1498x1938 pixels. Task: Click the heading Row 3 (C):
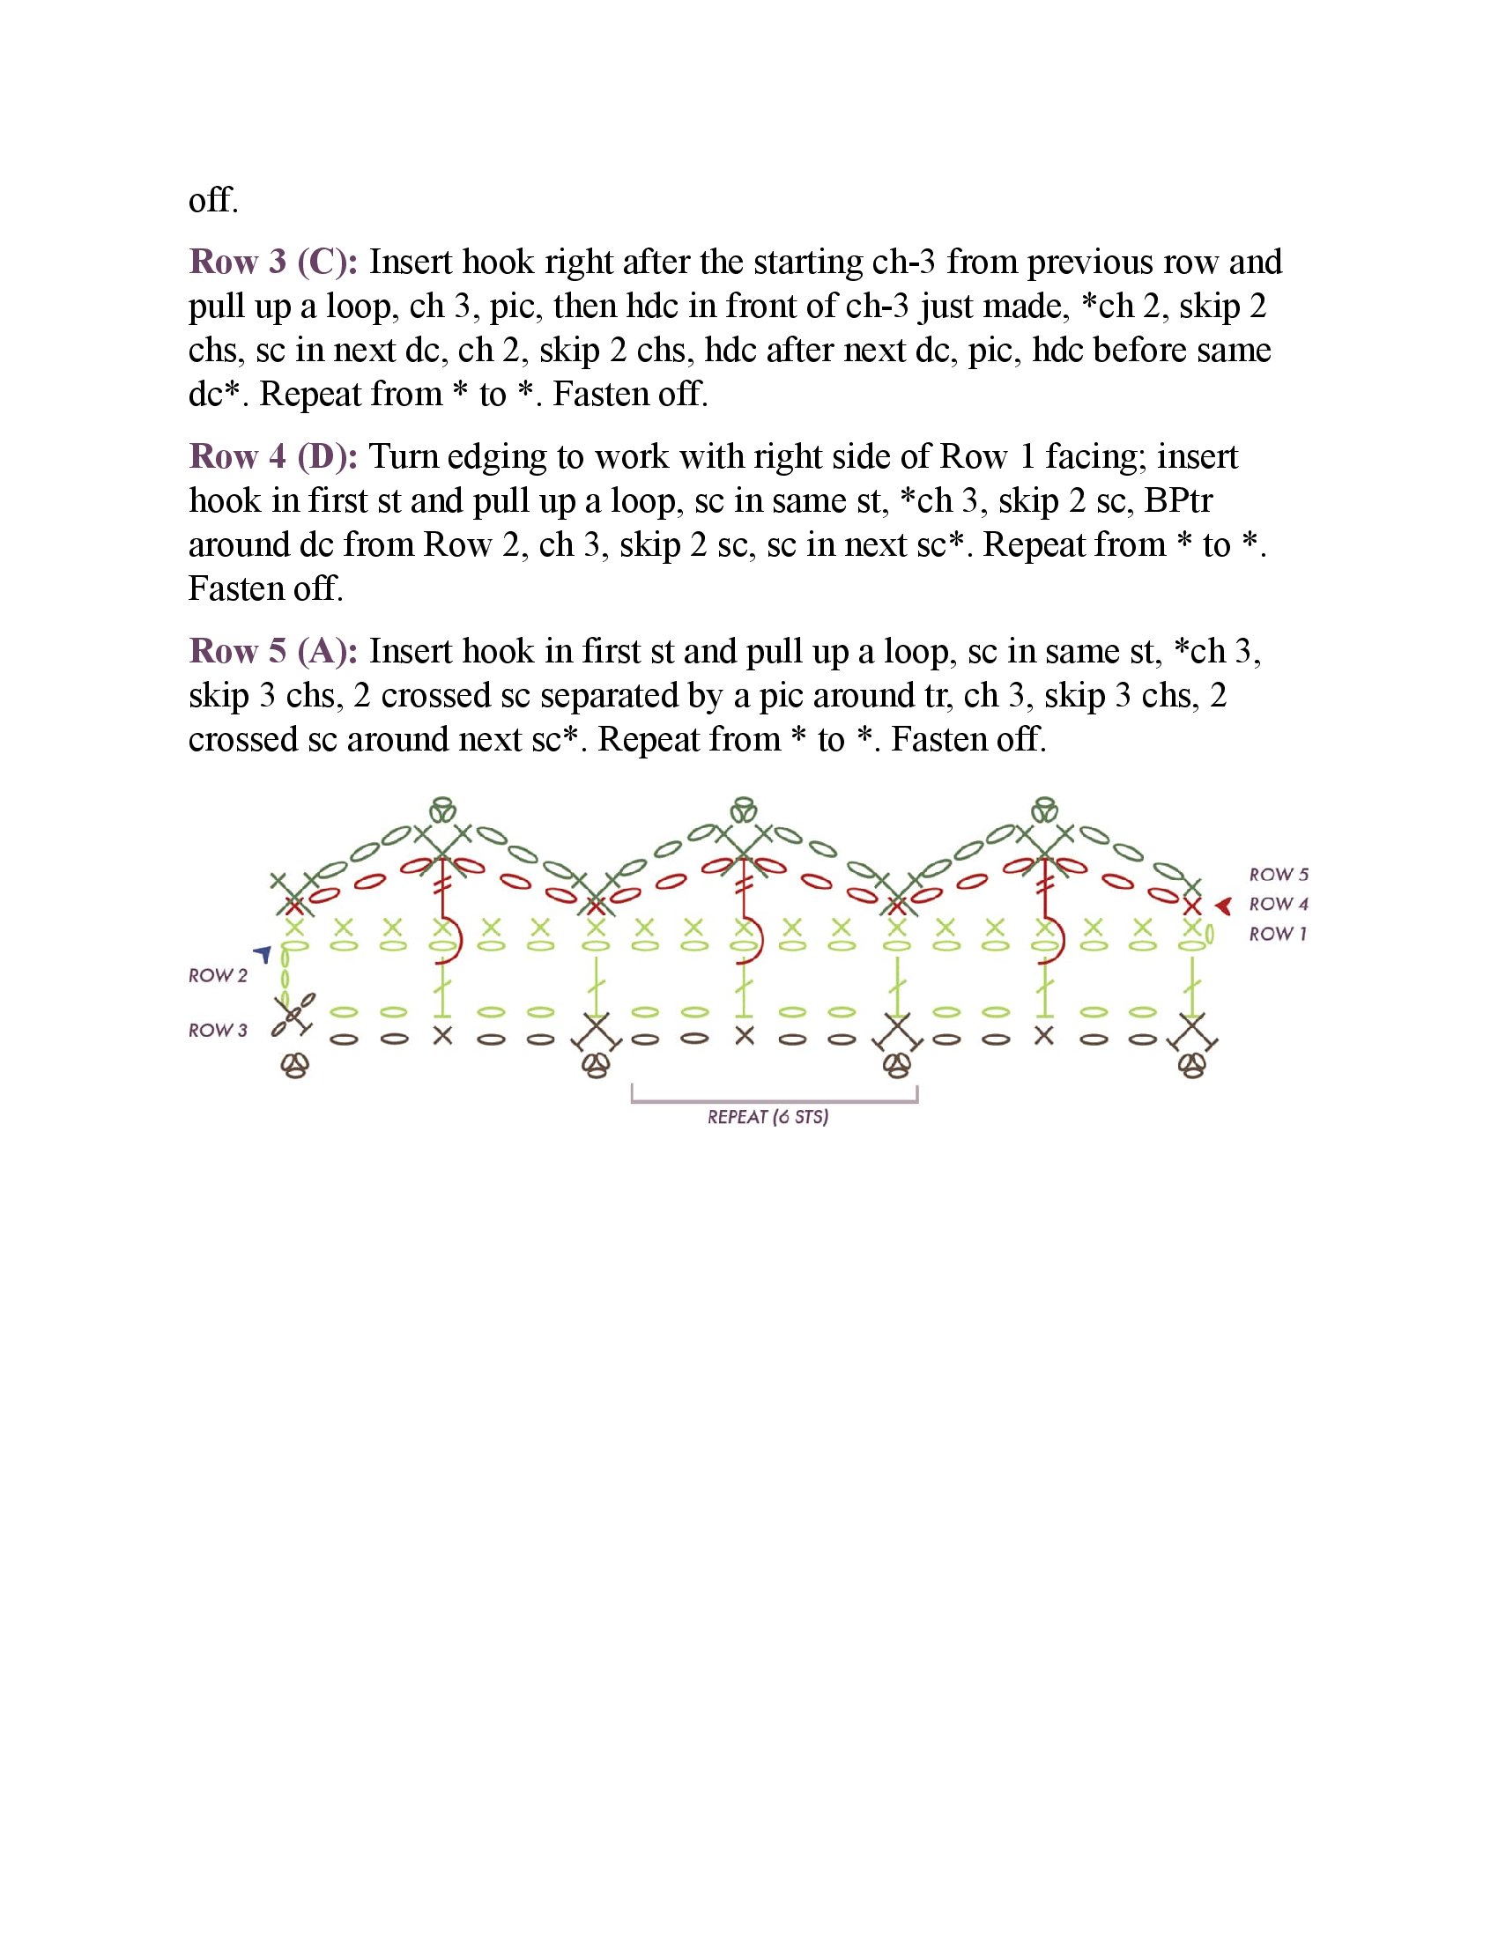pyautogui.click(x=272, y=263)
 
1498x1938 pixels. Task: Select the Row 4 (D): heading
pyautogui.click(x=272, y=457)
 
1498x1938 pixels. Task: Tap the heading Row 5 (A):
pyautogui.click(x=272, y=651)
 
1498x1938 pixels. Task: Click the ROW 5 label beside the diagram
pyautogui.click(x=1278, y=875)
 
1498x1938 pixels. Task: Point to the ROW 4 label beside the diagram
pyautogui.click(x=1278, y=904)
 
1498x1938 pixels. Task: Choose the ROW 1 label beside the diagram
pyautogui.click(x=1277, y=934)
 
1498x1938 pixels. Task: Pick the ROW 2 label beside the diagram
pyautogui.click(x=218, y=975)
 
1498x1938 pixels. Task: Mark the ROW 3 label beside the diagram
pyautogui.click(x=218, y=1031)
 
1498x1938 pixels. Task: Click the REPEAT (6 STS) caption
pyautogui.click(x=768, y=1117)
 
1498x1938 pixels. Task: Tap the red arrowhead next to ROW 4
pyautogui.click(x=1224, y=906)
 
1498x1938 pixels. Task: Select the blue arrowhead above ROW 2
pyautogui.click(x=263, y=954)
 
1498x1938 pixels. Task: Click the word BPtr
pyautogui.click(x=1177, y=501)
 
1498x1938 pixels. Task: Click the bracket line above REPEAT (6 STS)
pyautogui.click(x=774, y=1101)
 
